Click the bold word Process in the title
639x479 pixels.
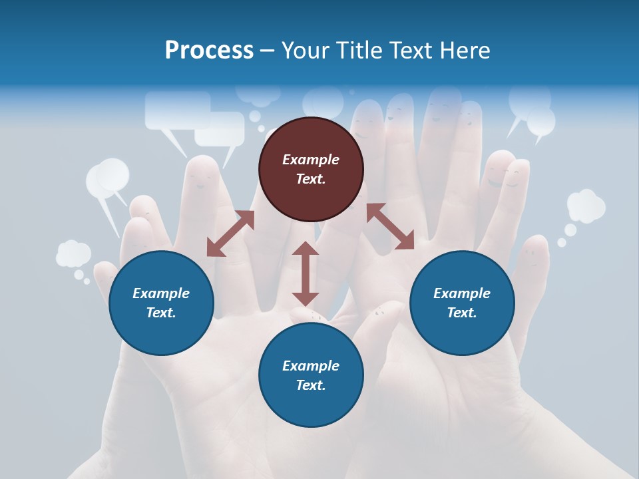coord(209,51)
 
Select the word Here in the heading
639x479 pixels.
coord(463,51)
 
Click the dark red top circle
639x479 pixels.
coord(311,169)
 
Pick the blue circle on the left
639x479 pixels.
coord(161,303)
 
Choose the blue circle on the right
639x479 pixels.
coord(462,303)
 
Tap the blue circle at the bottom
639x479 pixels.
coord(311,375)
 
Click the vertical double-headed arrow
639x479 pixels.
coord(306,274)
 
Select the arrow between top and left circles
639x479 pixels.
coord(230,234)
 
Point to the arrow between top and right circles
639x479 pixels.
coord(390,226)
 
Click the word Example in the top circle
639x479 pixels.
coord(311,160)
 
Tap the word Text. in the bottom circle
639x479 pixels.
coord(311,385)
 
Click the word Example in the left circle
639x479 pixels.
coord(161,293)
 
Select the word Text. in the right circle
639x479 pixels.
coord(462,313)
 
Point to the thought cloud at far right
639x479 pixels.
coord(586,206)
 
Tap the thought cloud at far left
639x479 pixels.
coord(73,254)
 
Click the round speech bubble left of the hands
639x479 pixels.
coord(108,178)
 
